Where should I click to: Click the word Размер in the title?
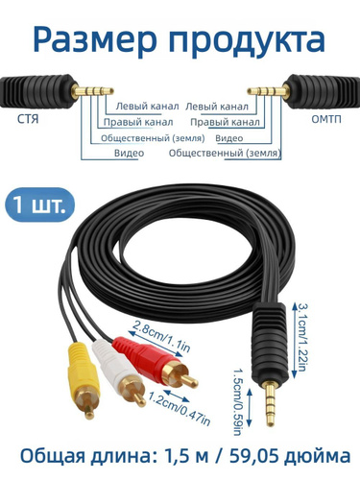(x=95, y=40)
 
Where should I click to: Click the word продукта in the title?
(x=247, y=40)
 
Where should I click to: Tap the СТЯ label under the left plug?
(x=28, y=119)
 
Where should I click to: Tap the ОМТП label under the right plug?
(x=326, y=119)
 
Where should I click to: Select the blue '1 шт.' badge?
(x=39, y=204)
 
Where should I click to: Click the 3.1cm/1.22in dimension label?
(x=303, y=337)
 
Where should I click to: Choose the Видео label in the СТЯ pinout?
(x=129, y=153)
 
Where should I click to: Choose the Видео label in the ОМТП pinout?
(x=229, y=138)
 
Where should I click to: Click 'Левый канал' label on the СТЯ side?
(x=147, y=107)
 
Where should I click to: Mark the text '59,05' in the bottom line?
(x=253, y=456)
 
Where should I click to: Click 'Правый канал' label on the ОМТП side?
(x=225, y=122)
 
